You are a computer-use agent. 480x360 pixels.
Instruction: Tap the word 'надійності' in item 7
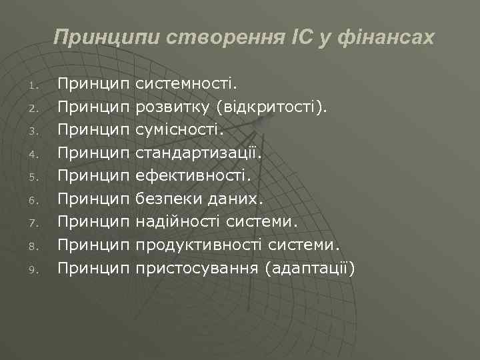point(178,222)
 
